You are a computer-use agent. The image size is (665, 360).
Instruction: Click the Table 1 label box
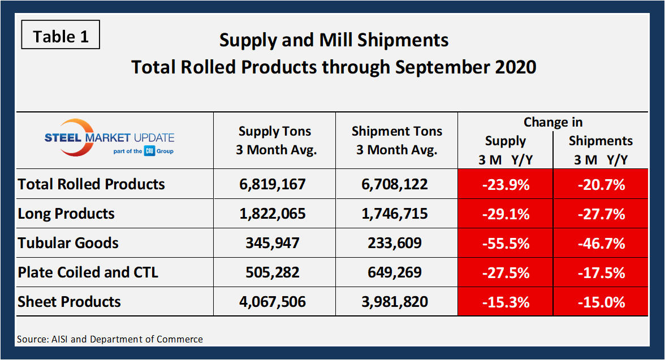tap(61, 37)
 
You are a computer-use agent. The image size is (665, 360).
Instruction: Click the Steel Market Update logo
tap(110, 140)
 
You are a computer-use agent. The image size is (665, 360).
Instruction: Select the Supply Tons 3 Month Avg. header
tap(274, 141)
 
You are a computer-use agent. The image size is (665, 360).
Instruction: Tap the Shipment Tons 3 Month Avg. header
tap(396, 141)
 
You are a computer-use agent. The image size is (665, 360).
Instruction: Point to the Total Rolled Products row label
tap(92, 184)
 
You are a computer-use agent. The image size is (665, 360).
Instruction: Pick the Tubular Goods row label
tap(68, 243)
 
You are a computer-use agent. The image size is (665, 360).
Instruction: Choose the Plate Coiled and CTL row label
tap(88, 272)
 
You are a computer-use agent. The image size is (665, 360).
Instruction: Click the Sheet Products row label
tap(70, 302)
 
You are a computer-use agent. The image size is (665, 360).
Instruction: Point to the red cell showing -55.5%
tap(506, 243)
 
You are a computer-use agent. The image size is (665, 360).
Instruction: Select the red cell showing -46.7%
tap(601, 243)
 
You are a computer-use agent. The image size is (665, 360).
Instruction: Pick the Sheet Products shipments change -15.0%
tap(601, 302)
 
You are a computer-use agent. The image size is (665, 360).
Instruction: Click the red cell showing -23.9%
tap(506, 184)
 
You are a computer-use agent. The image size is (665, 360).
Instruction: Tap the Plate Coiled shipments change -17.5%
tap(601, 272)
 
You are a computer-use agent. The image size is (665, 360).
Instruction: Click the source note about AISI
tap(110, 339)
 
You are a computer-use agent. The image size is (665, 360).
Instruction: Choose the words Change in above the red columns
tap(552, 122)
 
